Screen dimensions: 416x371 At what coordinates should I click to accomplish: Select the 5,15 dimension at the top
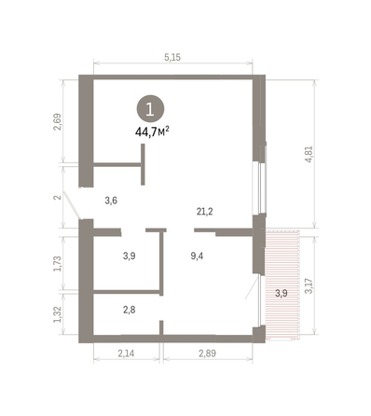(172, 58)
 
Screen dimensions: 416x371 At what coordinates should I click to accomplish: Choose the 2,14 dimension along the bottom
(128, 354)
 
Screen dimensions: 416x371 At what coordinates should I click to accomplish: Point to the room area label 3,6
(111, 200)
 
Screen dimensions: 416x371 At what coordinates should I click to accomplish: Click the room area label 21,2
(204, 212)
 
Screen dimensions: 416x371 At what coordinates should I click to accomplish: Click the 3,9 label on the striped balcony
(281, 293)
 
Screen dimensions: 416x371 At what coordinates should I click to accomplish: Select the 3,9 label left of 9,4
(130, 257)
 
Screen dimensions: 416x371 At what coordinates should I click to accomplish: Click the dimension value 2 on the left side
(58, 198)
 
